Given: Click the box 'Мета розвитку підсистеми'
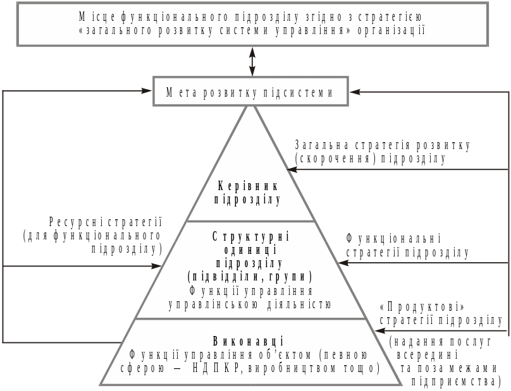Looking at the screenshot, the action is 250,92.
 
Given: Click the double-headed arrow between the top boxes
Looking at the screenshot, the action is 252,61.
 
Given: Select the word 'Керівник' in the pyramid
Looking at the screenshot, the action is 248,186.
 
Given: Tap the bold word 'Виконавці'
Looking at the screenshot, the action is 249,341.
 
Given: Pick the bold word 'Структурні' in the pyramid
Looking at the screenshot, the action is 250,237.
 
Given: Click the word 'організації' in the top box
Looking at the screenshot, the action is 391,30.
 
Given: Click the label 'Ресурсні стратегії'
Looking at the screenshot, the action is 105,222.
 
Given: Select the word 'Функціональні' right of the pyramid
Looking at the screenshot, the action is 393,239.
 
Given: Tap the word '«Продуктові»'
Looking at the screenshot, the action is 422,308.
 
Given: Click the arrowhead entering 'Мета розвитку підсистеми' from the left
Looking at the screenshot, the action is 146,91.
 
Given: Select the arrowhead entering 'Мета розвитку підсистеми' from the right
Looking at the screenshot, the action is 355,92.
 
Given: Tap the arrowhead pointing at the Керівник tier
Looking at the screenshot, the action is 292,170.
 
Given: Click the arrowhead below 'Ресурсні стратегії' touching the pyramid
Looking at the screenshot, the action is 156,266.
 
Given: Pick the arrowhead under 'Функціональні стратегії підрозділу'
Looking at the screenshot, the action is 343,262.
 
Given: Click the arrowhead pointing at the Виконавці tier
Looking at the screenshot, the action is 380,331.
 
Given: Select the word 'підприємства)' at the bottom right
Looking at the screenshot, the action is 456,382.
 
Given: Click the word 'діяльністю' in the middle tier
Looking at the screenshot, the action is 299,304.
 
